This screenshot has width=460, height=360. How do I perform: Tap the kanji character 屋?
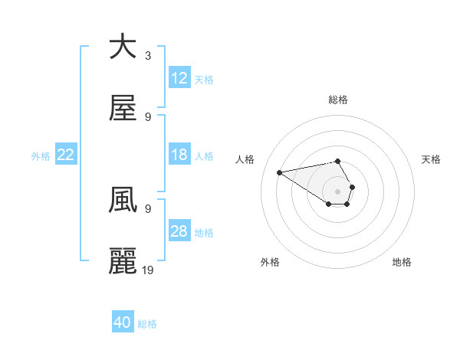[123, 109]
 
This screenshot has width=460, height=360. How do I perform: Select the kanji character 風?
[123, 201]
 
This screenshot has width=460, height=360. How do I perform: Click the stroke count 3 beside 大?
[148, 56]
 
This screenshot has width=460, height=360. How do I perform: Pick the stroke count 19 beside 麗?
[148, 270]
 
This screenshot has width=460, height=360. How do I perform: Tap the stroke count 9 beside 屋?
[148, 117]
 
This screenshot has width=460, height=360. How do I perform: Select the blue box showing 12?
[179, 78]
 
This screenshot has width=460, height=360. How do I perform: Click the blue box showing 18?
[179, 155]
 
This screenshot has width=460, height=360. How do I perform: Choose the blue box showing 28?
[179, 231]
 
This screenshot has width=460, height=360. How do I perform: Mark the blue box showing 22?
[66, 155]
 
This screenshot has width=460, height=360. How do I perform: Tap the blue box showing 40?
[123, 322]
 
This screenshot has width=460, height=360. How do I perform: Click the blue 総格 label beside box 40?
[147, 324]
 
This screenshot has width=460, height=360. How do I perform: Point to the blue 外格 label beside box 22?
[41, 156]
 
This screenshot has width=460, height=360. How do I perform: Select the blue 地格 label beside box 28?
[204, 233]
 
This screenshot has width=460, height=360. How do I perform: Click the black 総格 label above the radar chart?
[338, 100]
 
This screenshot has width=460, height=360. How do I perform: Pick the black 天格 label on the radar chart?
[432, 159]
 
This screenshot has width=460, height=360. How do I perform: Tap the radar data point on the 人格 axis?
[280, 172]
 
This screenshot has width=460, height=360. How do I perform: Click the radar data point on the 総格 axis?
[338, 161]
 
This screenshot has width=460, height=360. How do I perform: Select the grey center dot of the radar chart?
[338, 191]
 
